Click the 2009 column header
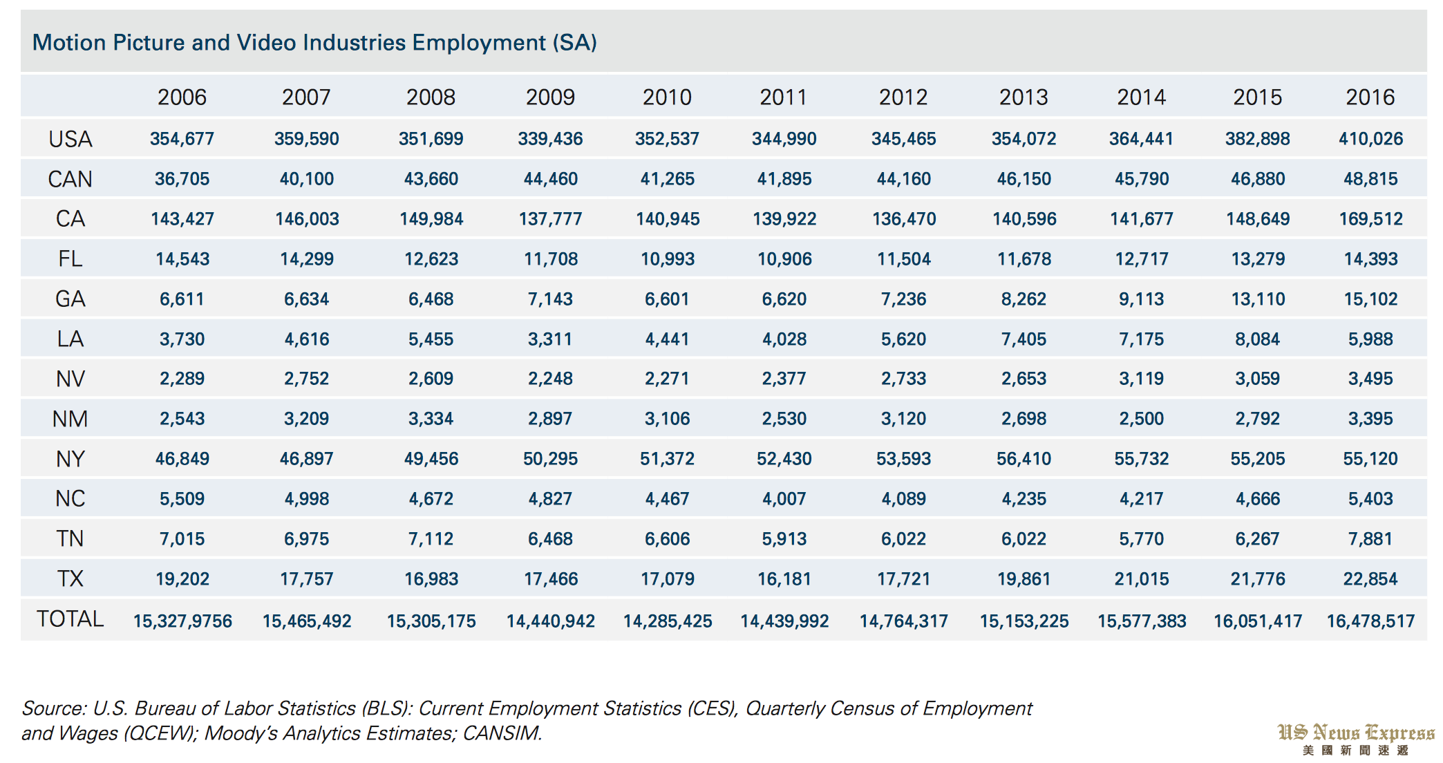550,97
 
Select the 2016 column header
1370,97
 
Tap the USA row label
70,139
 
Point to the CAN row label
70,179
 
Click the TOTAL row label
70,619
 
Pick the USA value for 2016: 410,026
1370,139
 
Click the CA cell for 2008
431,219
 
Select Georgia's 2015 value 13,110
1257,299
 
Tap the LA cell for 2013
1024,339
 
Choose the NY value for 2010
667,459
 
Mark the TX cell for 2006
182,579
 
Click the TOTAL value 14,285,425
667,621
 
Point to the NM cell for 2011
784,419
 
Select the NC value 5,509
182,499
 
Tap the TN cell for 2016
1370,539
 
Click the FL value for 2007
306,259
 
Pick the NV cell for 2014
1141,379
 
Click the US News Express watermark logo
1355,738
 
